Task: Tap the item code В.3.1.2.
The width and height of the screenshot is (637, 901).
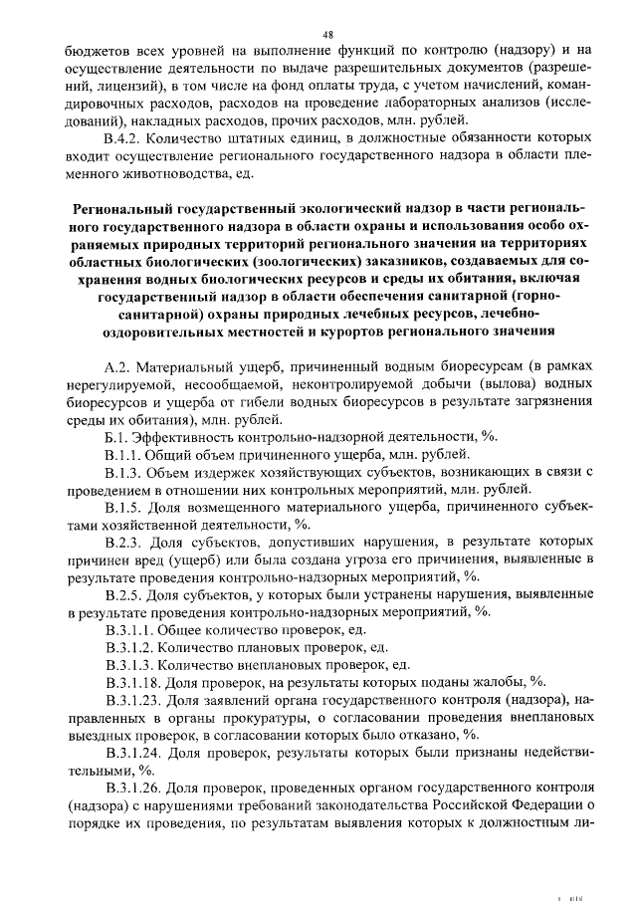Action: click(x=131, y=648)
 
